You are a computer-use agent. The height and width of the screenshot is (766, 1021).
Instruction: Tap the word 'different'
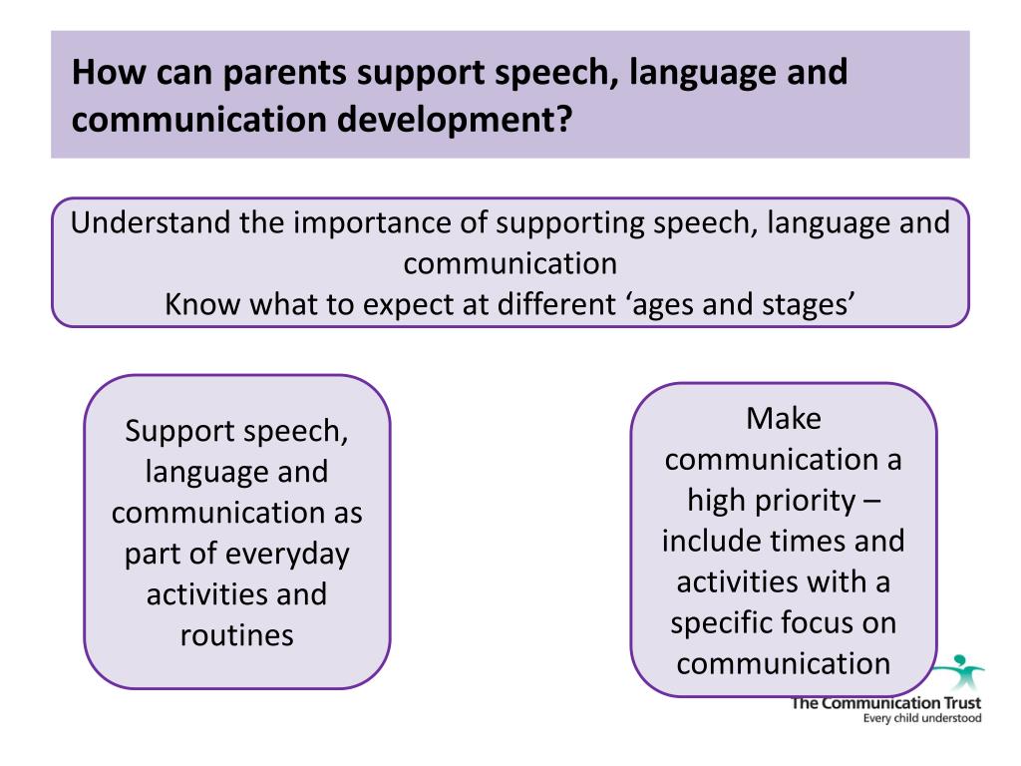tap(549, 303)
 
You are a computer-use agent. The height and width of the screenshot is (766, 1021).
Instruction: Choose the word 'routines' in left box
tap(237, 635)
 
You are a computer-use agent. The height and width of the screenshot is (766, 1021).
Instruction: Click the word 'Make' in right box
tap(784, 419)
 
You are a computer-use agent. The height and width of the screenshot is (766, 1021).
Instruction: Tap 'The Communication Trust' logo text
tap(886, 703)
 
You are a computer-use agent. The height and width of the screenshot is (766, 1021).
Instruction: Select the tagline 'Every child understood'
tap(921, 718)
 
